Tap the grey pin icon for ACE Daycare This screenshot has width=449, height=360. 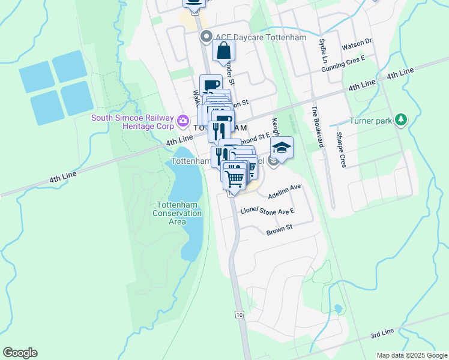206,37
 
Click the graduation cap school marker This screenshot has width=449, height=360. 281,148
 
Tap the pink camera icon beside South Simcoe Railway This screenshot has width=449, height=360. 182,121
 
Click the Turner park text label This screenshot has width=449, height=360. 370,121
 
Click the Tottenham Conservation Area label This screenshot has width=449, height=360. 177,213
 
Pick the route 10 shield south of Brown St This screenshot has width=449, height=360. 240,314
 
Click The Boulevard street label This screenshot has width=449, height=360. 316,127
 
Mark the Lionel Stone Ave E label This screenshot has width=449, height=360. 268,212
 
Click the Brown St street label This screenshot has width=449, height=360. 279,229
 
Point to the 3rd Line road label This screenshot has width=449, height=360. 381,332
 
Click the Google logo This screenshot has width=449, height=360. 20,353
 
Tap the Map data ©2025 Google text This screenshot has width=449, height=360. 411,355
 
